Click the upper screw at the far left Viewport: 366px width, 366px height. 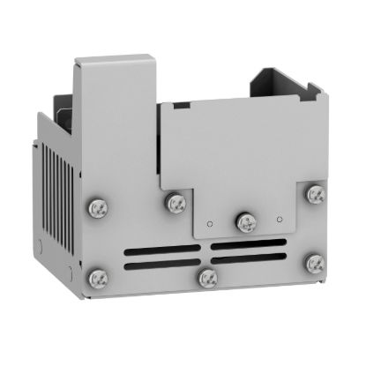pos(96,208)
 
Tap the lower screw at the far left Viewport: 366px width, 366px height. pos(96,278)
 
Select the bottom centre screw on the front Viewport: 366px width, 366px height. pos(207,279)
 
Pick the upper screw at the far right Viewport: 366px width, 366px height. pos(315,193)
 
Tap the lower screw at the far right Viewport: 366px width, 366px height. pos(313,263)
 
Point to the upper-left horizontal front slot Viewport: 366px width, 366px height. pos(164,249)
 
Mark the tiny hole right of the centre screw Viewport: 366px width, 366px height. pos(279,218)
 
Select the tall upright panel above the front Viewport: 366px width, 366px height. pos(115,123)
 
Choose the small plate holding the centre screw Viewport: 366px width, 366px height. pos(243,212)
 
